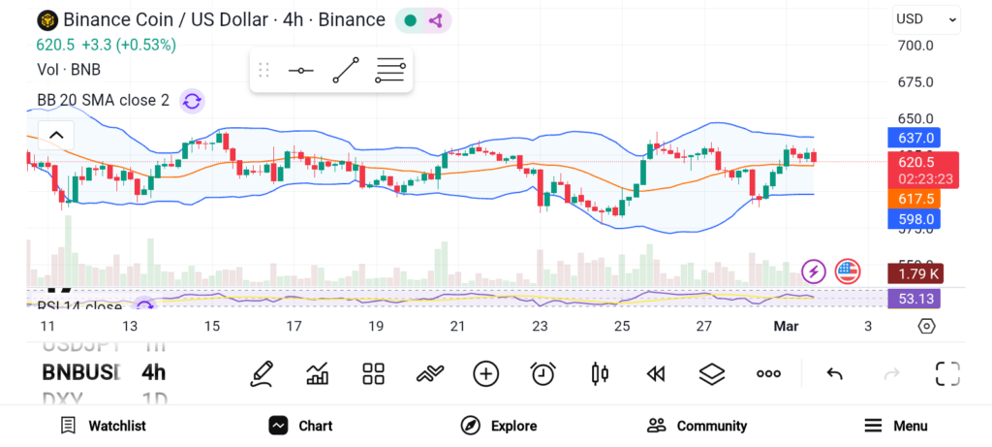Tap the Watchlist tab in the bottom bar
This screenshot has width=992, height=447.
103,426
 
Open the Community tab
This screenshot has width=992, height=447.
697,426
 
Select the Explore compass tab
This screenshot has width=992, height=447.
498,426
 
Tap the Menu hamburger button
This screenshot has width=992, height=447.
895,426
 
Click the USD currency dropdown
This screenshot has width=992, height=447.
925,18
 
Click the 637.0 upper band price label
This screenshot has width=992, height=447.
915,139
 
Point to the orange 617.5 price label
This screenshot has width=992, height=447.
915,199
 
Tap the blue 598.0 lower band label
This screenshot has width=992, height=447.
915,219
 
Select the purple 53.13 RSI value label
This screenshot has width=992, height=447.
915,299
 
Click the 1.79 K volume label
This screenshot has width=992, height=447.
915,273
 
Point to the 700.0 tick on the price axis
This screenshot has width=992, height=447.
915,46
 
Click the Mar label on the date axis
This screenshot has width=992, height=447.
786,327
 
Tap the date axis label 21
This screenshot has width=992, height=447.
457,327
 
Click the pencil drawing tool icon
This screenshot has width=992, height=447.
261,373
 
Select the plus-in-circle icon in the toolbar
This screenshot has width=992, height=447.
485,373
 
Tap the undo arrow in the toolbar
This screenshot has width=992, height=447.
834,373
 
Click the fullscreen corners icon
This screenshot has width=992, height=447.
946,373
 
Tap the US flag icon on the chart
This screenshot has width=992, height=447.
848,271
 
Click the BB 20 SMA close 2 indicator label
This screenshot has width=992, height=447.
103,100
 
